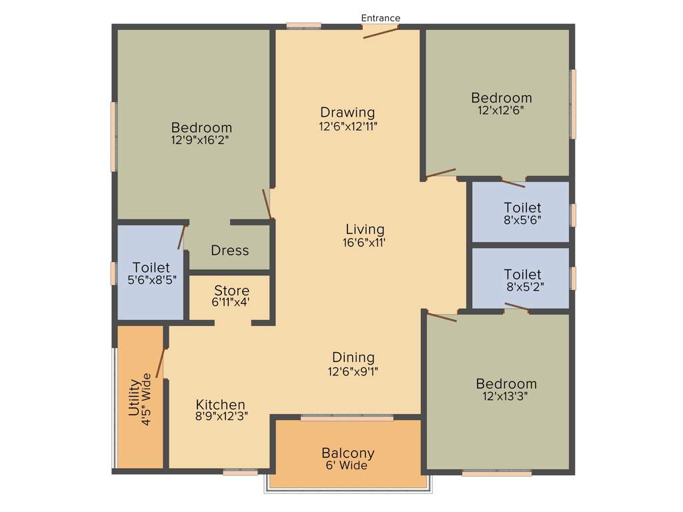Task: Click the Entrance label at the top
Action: point(380,18)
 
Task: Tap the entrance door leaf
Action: point(381,32)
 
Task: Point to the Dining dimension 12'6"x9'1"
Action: point(353,371)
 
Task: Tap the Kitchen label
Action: point(220,405)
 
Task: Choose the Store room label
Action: point(231,291)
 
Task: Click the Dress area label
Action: point(229,251)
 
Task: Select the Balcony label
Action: point(348,453)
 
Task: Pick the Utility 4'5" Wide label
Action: point(140,397)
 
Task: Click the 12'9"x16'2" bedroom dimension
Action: point(201,140)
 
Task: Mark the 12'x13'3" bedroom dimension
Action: point(506,397)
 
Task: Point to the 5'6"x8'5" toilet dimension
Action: point(151,280)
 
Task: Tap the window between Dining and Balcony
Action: point(347,418)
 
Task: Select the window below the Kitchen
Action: point(240,472)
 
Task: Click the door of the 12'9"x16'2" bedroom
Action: point(267,204)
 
